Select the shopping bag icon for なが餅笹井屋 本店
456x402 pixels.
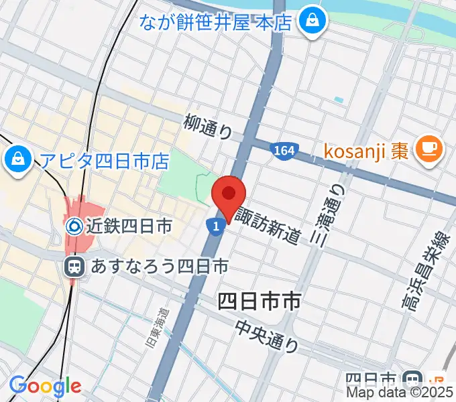click(x=312, y=21)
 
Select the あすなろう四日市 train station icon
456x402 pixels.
click(x=74, y=267)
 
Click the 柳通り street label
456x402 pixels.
click(x=208, y=125)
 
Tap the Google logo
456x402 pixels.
click(x=45, y=386)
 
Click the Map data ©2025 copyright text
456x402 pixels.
click(x=399, y=393)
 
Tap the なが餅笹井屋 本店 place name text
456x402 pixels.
click(x=215, y=22)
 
